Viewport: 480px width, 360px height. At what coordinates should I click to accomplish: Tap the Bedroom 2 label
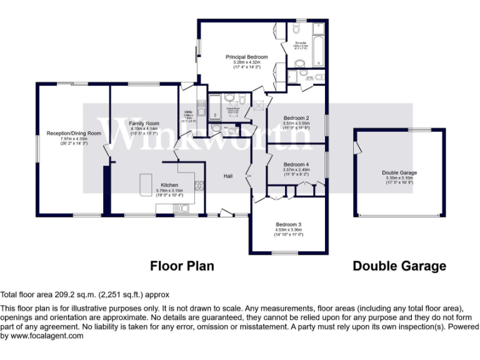(297, 118)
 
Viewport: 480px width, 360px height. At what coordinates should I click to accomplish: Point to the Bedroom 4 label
(297, 164)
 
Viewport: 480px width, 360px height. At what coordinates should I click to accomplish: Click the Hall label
(229, 176)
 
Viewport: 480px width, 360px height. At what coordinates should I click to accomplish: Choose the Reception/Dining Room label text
(74, 133)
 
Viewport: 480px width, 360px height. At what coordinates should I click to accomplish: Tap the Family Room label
(144, 124)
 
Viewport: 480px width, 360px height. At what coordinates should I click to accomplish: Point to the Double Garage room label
(399, 172)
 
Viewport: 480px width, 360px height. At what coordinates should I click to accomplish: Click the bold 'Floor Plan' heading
(182, 266)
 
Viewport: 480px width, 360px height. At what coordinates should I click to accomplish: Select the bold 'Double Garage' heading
(399, 266)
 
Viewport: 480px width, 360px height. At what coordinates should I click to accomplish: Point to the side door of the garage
(356, 146)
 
